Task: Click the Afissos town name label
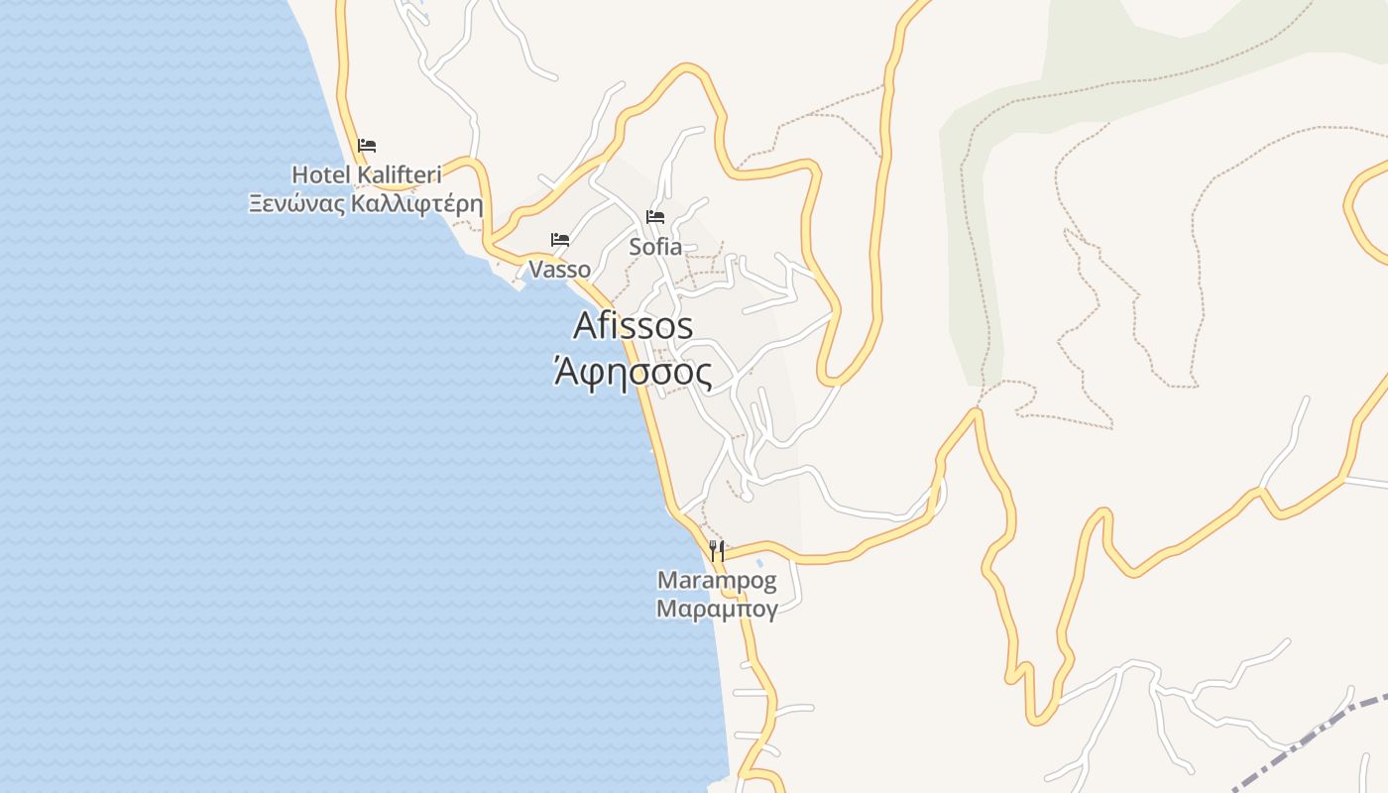(x=633, y=325)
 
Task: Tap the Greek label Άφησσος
(x=633, y=373)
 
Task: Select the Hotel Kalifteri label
(x=366, y=175)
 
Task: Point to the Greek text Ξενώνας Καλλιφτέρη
(x=366, y=204)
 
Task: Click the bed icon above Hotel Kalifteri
(x=367, y=146)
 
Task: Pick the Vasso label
(x=559, y=270)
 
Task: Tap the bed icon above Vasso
(x=560, y=240)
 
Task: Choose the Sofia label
(x=655, y=247)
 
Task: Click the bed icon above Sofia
(x=655, y=217)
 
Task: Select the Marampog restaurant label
(x=717, y=580)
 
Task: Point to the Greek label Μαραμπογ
(x=717, y=608)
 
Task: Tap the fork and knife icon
(x=717, y=551)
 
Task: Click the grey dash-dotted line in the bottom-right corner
(x=1309, y=738)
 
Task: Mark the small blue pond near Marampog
(x=759, y=563)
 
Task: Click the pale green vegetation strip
(x=977, y=248)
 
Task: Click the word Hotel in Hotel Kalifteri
(x=321, y=175)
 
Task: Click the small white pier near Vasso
(x=518, y=286)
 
